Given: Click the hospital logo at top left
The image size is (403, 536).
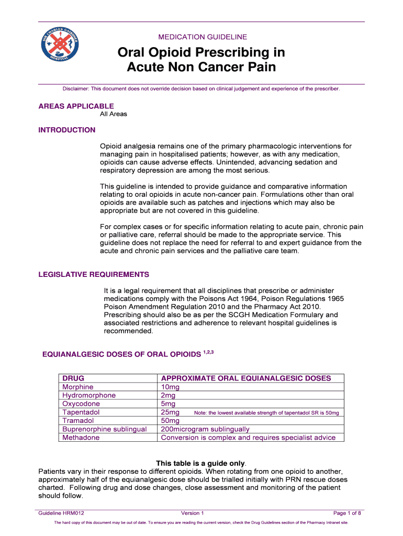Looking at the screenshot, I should pos(60,48).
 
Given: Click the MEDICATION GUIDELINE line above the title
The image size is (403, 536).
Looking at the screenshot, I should pos(202,37).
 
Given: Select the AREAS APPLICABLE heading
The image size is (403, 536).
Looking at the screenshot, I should pos(76,106).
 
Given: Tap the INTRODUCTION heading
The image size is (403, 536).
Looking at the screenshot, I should pos(67,130).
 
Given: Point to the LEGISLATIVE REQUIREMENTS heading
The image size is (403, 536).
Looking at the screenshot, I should pos(94,274).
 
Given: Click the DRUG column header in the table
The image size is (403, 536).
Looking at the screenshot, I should pos(73,378).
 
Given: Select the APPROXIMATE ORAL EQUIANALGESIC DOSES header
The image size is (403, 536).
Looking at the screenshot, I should pos(246,378).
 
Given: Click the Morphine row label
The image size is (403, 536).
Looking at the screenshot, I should pos(78,387).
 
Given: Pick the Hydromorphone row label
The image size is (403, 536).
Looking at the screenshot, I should pos(89,395).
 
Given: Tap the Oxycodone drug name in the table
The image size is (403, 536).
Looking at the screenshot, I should pos(81,404).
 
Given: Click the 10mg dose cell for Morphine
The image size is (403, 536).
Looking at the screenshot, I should pos(170,387).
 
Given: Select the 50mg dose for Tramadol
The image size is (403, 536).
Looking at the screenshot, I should pos(170,420).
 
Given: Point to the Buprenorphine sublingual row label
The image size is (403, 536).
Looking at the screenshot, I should pos(104,429).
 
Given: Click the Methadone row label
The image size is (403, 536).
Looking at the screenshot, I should pos(81,438).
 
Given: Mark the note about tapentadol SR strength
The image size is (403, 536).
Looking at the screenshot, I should pos(266,413).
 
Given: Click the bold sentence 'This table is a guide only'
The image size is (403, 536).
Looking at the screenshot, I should pos(201,463).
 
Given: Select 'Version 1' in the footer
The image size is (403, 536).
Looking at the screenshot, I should pos(192,513).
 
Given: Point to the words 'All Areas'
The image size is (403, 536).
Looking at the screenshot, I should pos(114,114).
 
